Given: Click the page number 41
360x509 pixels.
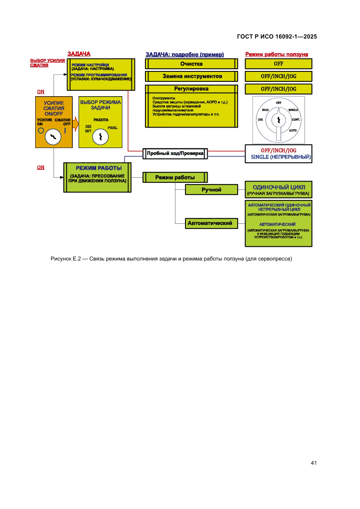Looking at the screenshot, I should click(313, 462).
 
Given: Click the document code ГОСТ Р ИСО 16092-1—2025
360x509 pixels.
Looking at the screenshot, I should click(276, 37).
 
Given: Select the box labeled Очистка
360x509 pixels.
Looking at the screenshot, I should click(192, 64).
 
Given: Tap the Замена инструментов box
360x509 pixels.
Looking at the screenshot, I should click(192, 76).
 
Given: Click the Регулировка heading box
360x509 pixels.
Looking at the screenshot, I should click(192, 89).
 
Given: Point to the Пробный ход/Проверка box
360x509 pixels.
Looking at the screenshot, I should click(175, 153).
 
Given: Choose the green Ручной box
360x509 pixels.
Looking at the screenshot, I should click(212, 189).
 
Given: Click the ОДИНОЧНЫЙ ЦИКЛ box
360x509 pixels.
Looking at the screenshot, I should click(279, 190).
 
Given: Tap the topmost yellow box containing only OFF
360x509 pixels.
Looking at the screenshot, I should click(279, 64).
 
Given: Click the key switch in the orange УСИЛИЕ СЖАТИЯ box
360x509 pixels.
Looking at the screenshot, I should click(53, 137).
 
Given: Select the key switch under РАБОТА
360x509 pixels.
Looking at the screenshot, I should click(100, 137).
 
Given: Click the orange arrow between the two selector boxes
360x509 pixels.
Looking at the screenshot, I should click(75, 124).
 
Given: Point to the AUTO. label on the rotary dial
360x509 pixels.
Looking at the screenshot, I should click(293, 130).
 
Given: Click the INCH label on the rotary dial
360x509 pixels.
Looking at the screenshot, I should click(265, 110).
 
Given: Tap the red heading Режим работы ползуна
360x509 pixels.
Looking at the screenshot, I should click(277, 54).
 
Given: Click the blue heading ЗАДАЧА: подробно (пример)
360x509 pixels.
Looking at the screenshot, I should click(185, 54).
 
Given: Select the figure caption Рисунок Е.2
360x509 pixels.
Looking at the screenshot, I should click(171, 259).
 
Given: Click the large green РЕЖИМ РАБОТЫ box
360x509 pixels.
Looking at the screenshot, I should click(98, 177).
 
